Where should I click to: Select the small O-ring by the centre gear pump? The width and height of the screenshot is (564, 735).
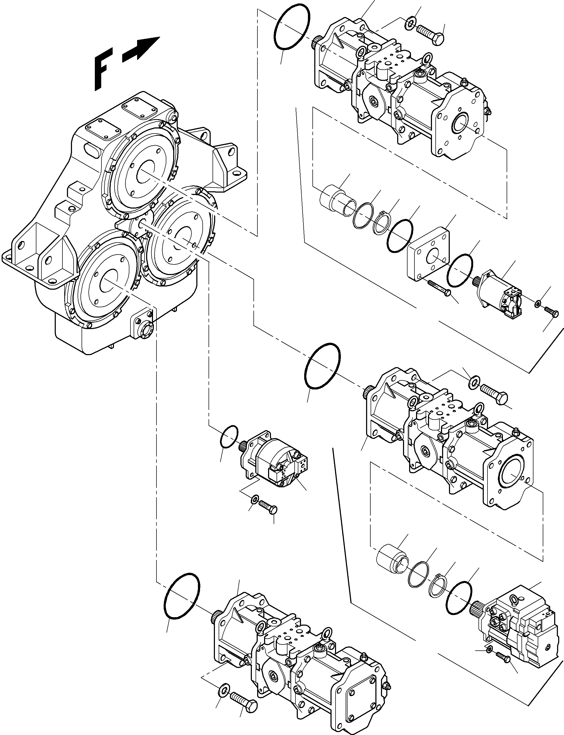pyautogui.click(x=229, y=436)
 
